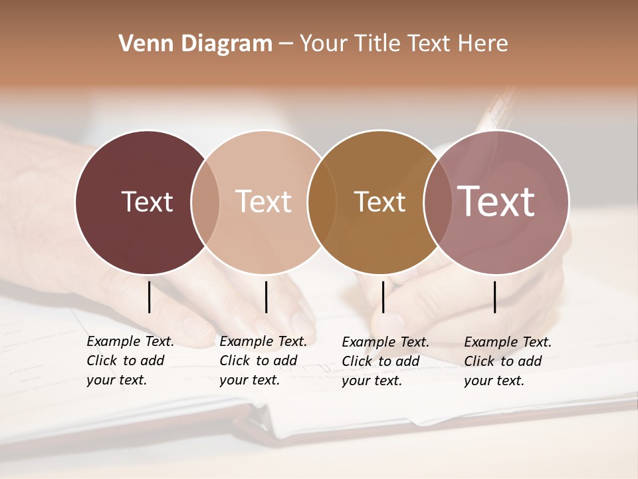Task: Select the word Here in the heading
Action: [483, 44]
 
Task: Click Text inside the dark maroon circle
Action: [147, 202]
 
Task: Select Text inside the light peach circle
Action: [263, 202]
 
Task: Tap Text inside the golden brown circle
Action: [379, 202]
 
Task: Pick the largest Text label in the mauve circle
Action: [496, 202]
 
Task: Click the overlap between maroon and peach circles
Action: [205, 202]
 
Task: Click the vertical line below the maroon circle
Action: [149, 297]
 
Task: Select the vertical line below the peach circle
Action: [266, 297]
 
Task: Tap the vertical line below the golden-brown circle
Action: [383, 297]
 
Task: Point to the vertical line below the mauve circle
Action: [494, 297]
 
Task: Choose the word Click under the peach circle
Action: [235, 361]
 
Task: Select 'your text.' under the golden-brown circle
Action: [372, 381]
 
